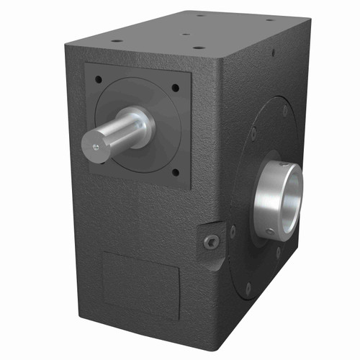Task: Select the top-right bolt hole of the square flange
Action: click(x=175, y=89)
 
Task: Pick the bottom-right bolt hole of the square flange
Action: click(x=174, y=172)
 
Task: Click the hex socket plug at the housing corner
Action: click(x=210, y=242)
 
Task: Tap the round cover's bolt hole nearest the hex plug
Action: click(x=232, y=232)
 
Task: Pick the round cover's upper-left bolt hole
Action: click(x=253, y=132)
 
